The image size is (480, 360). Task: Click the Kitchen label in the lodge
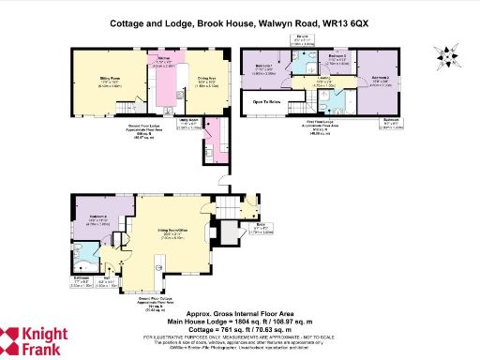click(x=162, y=61)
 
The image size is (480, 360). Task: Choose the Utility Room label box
click(x=183, y=122)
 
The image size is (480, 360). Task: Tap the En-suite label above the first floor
click(x=304, y=37)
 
